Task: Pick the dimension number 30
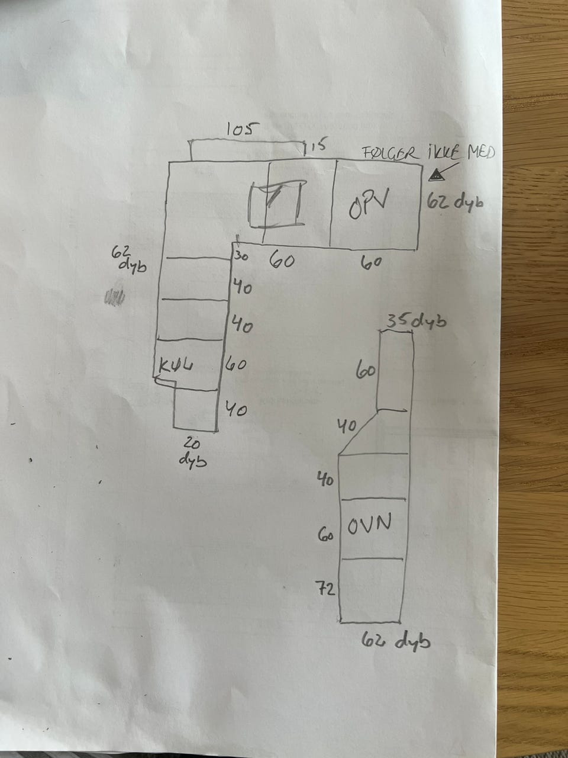pos(241,257)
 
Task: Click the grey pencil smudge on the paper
pos(114,297)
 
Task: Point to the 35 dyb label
pos(417,322)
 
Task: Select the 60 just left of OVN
pos(326,536)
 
